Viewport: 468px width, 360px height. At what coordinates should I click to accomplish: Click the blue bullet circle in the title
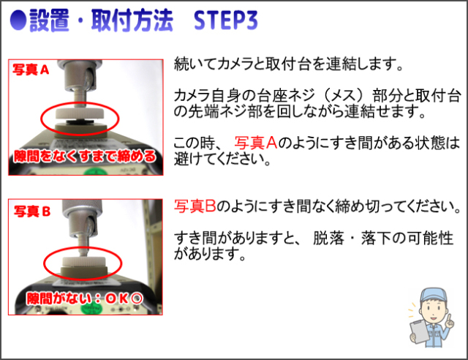(x=18, y=20)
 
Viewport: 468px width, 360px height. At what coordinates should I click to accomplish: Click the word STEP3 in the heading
(x=226, y=20)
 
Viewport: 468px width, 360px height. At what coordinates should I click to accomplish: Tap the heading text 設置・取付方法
(x=102, y=20)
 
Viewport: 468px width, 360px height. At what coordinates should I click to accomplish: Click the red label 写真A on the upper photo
(x=31, y=70)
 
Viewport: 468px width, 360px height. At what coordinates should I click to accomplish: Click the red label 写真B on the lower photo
(x=32, y=211)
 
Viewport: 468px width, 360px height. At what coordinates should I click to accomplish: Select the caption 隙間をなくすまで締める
(x=86, y=156)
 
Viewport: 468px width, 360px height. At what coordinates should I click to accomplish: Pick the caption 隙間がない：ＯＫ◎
(x=85, y=298)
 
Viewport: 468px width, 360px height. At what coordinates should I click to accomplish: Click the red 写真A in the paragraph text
(x=256, y=143)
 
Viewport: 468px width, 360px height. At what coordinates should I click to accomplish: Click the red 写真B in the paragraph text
(x=195, y=206)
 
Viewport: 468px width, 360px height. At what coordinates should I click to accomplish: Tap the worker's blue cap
(x=432, y=295)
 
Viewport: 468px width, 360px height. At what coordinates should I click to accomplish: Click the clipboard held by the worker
(x=419, y=331)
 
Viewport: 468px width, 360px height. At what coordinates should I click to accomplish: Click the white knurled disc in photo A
(x=80, y=113)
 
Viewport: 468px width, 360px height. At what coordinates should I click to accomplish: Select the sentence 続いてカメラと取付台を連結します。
(x=288, y=64)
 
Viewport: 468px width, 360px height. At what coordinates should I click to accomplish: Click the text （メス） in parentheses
(x=344, y=95)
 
